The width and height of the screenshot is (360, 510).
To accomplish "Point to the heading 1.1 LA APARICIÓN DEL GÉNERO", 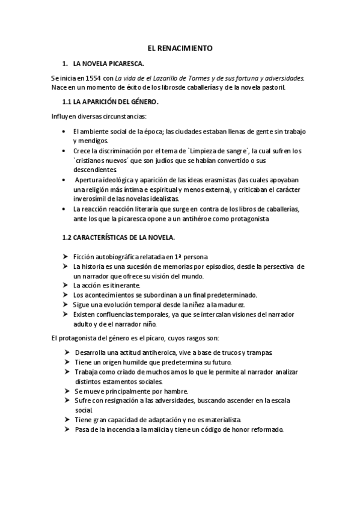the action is (110, 102).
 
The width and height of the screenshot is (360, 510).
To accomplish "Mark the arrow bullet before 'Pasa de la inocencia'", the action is (66, 429).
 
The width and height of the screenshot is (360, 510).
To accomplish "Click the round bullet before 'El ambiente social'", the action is (64, 131).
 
